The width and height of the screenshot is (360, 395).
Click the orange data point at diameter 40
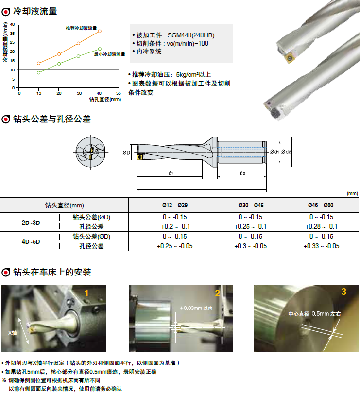pyautogui.click(x=100, y=31)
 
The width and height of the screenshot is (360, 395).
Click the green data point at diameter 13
pyautogui.click(x=38, y=73)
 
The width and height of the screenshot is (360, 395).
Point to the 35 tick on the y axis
pyautogui.click(x=12, y=34)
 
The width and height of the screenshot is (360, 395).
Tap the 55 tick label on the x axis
pyautogui.click(x=119, y=93)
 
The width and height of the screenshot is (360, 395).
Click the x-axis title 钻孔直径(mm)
pyautogui.click(x=105, y=99)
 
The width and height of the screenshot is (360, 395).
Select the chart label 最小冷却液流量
pyautogui.click(x=110, y=54)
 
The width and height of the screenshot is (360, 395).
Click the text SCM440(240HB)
pyautogui.click(x=191, y=35)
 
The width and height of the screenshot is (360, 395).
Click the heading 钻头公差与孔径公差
pyautogui.click(x=52, y=119)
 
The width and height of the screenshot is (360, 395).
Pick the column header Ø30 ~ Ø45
pyautogui.click(x=251, y=206)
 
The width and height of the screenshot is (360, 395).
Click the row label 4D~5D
pyautogui.click(x=31, y=242)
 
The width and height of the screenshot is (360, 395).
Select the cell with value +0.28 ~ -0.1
pyautogui.click(x=321, y=227)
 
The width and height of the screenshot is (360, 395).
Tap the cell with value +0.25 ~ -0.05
pyautogui.click(x=175, y=246)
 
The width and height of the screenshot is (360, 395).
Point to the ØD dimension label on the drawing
pyautogui.click(x=126, y=153)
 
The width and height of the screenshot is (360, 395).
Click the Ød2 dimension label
pyautogui.click(x=286, y=152)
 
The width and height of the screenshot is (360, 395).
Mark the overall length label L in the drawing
pyautogui.click(x=202, y=187)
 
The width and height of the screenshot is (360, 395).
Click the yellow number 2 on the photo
pyautogui.click(x=218, y=293)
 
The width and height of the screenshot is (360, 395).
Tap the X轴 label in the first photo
pyautogui.click(x=12, y=333)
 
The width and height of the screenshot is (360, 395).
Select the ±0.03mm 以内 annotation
pyautogui.click(x=196, y=308)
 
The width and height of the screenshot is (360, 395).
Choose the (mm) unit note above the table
pyautogui.click(x=352, y=193)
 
